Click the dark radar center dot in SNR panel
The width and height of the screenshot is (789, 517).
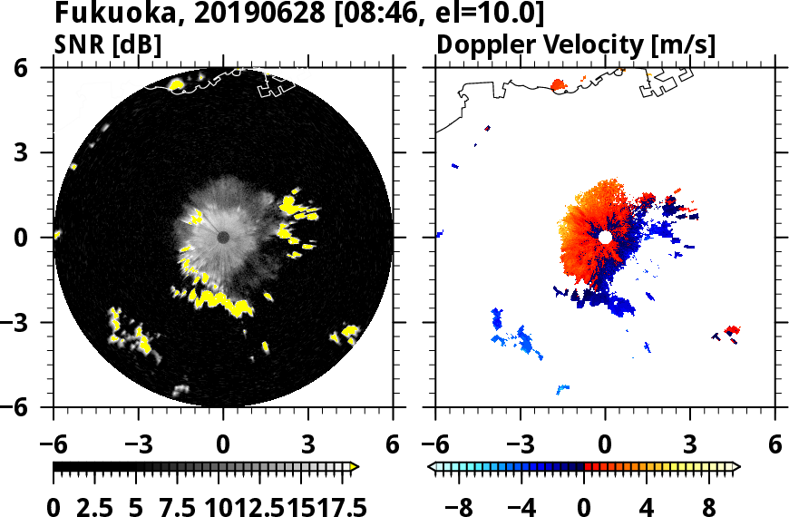[223, 237]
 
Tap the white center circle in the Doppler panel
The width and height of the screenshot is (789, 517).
[605, 237]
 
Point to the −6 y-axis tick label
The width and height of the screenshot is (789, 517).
[33, 407]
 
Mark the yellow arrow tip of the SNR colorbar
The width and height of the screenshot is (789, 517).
[355, 467]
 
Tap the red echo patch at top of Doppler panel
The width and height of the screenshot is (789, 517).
[559, 85]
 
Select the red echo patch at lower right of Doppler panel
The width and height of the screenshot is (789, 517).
[734, 330]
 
